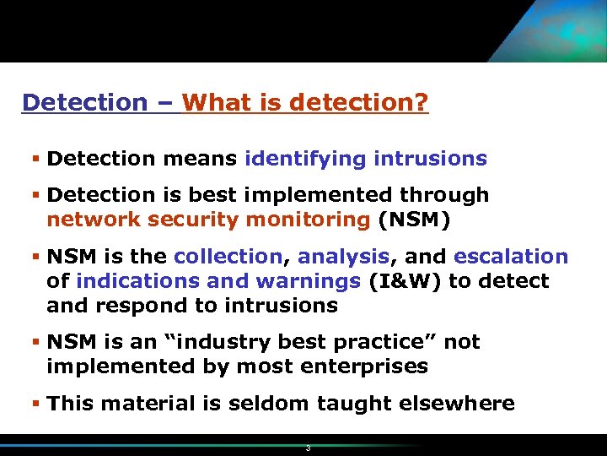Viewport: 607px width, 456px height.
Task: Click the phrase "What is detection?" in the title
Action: pyautogui.click(x=305, y=103)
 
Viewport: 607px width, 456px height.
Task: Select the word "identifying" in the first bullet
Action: pyautogui.click(x=305, y=159)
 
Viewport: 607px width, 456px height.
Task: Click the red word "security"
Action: pyautogui.click(x=193, y=220)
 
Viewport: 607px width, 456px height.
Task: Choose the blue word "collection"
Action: pyautogui.click(x=227, y=257)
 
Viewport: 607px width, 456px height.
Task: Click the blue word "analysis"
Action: pyautogui.click(x=342, y=257)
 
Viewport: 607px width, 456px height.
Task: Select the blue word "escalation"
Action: pyautogui.click(x=511, y=257)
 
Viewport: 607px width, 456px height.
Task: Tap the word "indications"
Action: pyautogui.click(x=131, y=281)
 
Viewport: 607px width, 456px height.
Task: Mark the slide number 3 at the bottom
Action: pyautogui.click(x=308, y=448)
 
